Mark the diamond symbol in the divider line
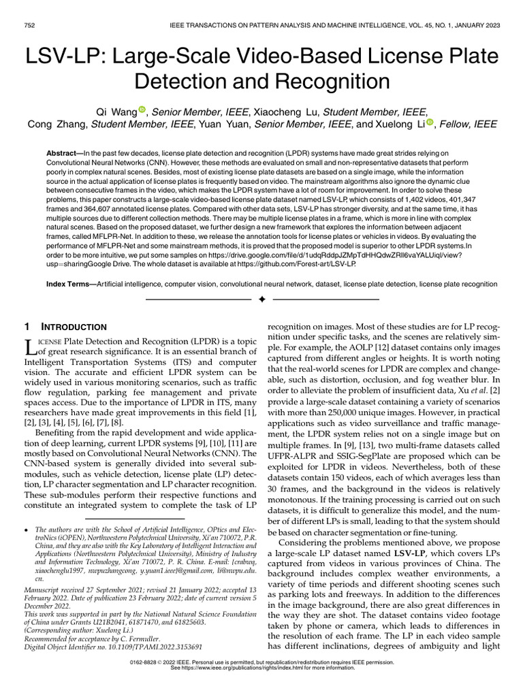[x=261, y=299]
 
